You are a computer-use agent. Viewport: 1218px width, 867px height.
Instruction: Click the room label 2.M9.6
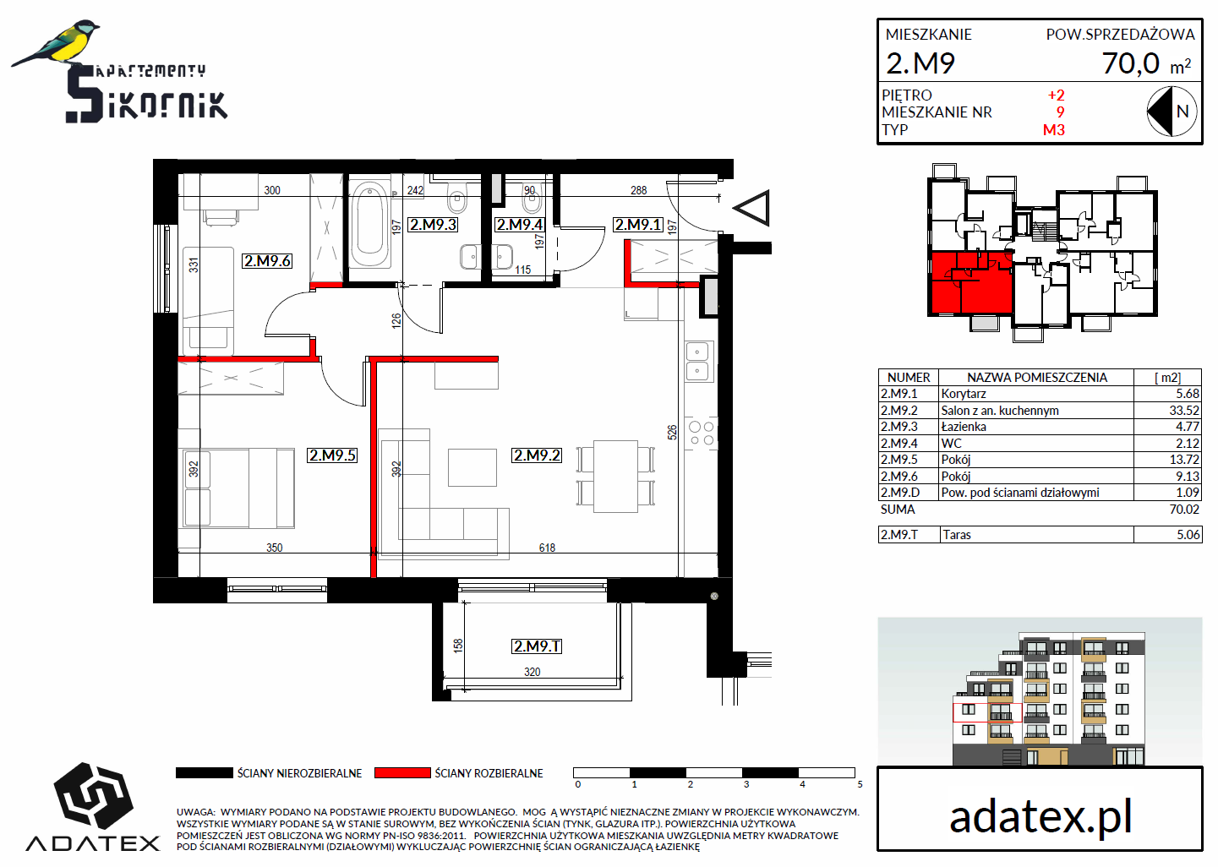coord(267,261)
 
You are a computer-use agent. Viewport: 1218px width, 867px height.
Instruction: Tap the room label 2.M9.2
coord(537,455)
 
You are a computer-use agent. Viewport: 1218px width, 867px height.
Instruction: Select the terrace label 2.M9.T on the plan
coord(537,646)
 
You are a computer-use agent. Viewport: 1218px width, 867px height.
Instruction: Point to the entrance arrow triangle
coord(752,208)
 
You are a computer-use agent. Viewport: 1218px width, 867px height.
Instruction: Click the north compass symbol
coord(1172,112)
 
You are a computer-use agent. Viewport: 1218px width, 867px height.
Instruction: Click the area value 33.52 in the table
coord(1184,411)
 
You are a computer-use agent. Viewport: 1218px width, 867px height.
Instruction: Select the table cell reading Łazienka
coord(964,427)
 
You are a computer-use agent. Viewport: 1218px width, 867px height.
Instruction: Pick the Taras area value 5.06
coord(1188,534)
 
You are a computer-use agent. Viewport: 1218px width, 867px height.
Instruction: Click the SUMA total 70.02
coord(1184,510)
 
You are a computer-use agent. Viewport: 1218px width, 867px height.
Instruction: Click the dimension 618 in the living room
coord(547,548)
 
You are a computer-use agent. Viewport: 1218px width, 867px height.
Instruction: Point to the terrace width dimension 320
coord(533,672)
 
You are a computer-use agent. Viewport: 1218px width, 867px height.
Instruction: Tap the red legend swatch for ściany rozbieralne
coord(402,772)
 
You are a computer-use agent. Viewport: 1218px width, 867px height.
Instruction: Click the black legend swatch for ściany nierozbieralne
coord(204,772)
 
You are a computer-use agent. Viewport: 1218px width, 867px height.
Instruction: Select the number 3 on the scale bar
coord(746,784)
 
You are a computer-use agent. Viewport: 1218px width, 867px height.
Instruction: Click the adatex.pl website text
coord(1040,816)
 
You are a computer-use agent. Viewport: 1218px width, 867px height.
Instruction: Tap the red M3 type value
coord(1054,130)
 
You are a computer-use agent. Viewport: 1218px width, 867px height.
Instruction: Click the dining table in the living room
coord(615,476)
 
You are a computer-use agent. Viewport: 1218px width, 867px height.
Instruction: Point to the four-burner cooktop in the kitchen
coord(702,433)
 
